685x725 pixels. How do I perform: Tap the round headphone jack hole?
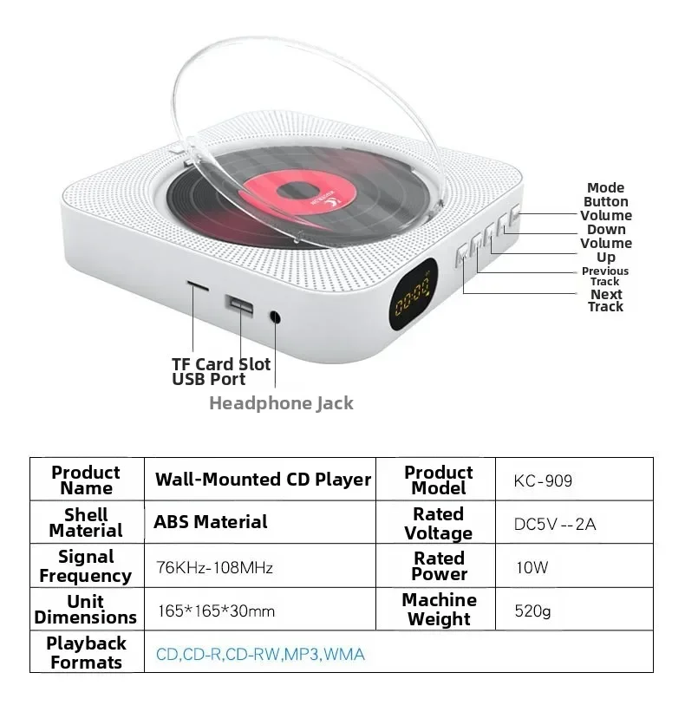(x=275, y=317)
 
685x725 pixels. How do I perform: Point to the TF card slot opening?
(x=198, y=285)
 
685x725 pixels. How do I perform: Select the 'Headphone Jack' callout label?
(x=281, y=403)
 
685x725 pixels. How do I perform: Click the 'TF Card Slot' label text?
(x=221, y=364)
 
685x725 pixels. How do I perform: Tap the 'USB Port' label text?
(x=208, y=379)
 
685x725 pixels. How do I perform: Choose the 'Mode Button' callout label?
(x=605, y=194)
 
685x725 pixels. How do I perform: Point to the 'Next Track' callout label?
(x=606, y=301)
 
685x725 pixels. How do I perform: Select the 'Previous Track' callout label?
(x=605, y=277)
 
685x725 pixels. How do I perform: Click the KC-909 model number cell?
(x=543, y=480)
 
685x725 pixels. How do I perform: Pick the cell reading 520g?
(x=532, y=611)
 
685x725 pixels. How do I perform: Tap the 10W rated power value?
(x=532, y=567)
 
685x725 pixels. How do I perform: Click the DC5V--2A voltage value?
(x=555, y=525)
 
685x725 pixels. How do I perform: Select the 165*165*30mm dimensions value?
(x=216, y=611)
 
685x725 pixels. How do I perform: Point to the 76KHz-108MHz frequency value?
(x=214, y=567)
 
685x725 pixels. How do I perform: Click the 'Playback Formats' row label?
(x=87, y=652)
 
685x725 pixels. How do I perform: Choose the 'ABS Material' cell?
(x=211, y=522)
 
